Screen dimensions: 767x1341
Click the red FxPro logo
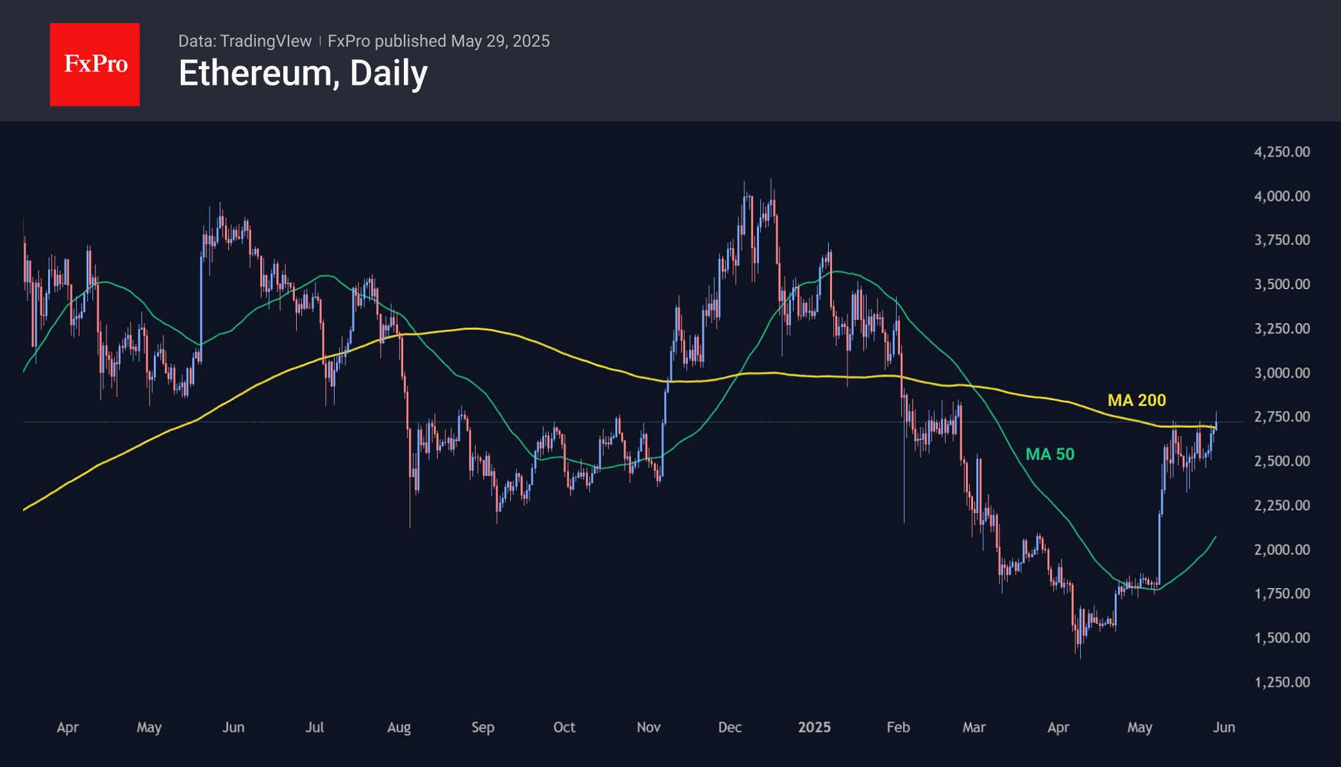click(x=95, y=64)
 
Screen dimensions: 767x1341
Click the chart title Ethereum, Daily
click(x=303, y=73)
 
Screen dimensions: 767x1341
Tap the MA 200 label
click(x=1137, y=400)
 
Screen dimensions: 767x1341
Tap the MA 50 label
click(x=1049, y=454)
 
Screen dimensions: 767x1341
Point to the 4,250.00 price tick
click(x=1281, y=152)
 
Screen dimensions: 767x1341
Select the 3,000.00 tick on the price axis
click(x=1281, y=373)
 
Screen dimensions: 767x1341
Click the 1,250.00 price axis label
click(x=1281, y=682)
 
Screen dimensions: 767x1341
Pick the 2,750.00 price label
click(x=1281, y=417)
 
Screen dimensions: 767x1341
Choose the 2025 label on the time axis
click(x=814, y=727)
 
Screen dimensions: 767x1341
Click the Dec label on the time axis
click(x=729, y=727)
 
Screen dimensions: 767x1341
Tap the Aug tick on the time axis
click(x=399, y=727)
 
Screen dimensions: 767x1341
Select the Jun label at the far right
click(x=1224, y=727)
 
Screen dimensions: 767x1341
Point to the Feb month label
click(x=898, y=727)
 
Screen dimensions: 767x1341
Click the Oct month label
click(x=564, y=727)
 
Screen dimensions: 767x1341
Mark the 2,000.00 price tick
click(x=1281, y=550)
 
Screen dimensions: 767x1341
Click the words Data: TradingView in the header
click(x=245, y=41)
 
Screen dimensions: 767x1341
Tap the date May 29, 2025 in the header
click(x=500, y=41)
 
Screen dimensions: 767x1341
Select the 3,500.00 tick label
click(x=1281, y=284)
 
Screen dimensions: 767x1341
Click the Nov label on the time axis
click(x=648, y=727)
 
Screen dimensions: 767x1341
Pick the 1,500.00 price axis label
click(x=1281, y=638)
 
